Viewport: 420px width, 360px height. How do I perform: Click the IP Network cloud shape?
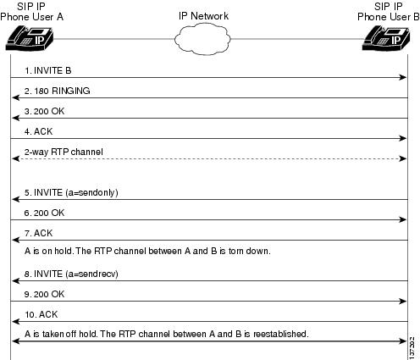tap(202, 39)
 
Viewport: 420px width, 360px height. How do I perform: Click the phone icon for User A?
tap(30, 38)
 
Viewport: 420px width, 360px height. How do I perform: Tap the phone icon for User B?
tap(386, 38)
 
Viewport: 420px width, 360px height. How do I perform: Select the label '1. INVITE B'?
tap(48, 70)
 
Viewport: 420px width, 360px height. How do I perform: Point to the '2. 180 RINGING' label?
tap(58, 91)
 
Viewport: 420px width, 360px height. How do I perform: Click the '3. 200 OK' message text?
tap(45, 111)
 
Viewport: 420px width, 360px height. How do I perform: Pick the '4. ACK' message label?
tap(39, 131)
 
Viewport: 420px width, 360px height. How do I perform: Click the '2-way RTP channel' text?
tap(64, 152)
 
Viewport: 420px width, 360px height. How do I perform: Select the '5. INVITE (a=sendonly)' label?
tap(71, 192)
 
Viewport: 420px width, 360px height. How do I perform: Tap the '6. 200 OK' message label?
tap(45, 213)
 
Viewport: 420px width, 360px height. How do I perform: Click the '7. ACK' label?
tap(39, 233)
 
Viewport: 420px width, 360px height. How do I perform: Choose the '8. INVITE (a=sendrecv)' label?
tap(71, 274)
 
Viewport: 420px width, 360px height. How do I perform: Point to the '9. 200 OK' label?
tap(45, 294)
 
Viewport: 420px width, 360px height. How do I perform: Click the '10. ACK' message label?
tap(41, 314)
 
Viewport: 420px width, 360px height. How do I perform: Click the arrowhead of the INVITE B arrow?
tap(403, 77)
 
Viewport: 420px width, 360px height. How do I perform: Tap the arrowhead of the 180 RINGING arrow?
tap(16, 97)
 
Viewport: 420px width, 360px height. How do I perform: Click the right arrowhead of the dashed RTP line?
tap(403, 158)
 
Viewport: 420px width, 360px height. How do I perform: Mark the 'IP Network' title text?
tap(203, 16)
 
